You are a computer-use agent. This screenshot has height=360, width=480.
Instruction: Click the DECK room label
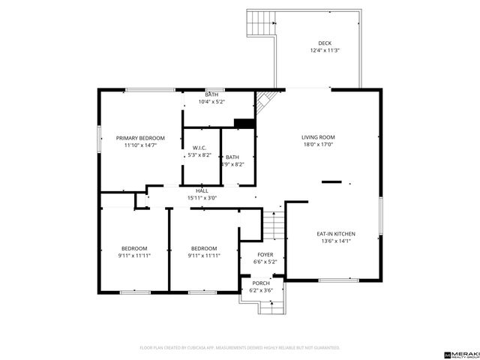(324, 43)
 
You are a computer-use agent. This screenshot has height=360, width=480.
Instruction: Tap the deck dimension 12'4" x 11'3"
(324, 51)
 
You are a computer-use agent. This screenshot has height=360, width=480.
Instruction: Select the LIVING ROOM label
(318, 137)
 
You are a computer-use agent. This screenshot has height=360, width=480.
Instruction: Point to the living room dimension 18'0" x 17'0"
(318, 145)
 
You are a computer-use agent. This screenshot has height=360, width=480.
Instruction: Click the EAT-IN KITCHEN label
(335, 234)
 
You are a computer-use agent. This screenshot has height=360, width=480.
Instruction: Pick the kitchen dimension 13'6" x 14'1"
(335, 241)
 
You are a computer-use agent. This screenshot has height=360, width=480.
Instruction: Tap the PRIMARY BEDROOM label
(140, 138)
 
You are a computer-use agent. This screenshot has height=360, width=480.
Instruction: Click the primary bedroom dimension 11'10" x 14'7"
(140, 145)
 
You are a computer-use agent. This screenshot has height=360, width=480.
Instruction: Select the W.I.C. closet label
(199, 148)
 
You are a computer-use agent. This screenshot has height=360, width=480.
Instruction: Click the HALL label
(202, 191)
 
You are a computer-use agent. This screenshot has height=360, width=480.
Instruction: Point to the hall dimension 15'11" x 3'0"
(202, 198)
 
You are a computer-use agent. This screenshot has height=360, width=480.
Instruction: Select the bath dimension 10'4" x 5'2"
(211, 101)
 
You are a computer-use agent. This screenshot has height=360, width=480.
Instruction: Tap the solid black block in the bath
(243, 124)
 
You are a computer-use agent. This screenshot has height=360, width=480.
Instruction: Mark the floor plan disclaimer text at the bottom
(240, 348)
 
